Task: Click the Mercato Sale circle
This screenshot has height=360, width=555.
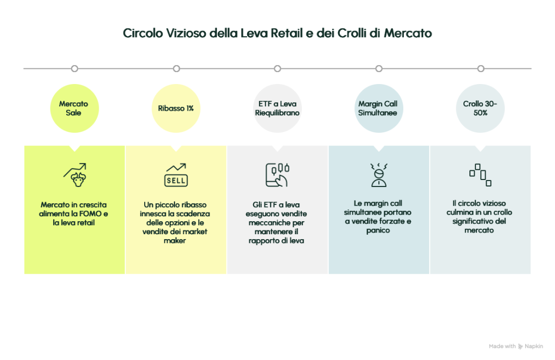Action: pyautogui.click(x=74, y=108)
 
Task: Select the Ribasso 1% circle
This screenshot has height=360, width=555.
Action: pyautogui.click(x=176, y=108)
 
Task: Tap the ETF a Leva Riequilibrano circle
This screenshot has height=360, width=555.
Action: pyautogui.click(x=277, y=108)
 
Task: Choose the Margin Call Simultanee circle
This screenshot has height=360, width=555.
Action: pyautogui.click(x=378, y=108)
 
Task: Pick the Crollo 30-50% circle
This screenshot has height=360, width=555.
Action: pyautogui.click(x=480, y=108)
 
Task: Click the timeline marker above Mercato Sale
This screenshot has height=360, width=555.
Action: pyautogui.click(x=75, y=69)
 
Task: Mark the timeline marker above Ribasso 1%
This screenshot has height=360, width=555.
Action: pyautogui.click(x=176, y=69)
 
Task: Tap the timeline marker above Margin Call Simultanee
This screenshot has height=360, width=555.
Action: pyautogui.click(x=379, y=69)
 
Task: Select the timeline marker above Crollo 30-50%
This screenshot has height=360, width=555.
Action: pyautogui.click(x=480, y=69)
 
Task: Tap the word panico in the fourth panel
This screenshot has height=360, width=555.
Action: pyautogui.click(x=378, y=231)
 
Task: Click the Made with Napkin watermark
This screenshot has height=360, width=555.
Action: pyautogui.click(x=515, y=346)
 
